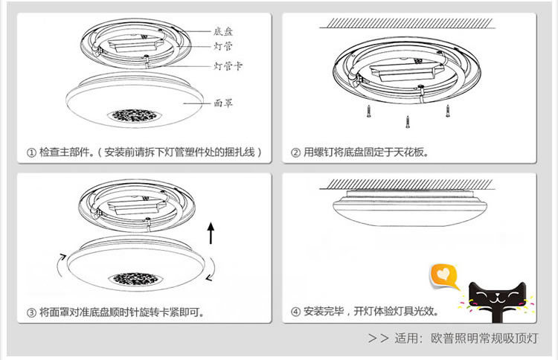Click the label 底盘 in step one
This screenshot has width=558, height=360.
223,31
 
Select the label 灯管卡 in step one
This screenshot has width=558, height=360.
228,66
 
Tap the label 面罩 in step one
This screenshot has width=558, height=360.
223,103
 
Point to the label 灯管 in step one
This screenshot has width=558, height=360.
223,46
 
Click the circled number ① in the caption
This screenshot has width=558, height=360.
31,152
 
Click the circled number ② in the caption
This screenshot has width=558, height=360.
295,152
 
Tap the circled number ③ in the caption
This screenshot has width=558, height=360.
31,312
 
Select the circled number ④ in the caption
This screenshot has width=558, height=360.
295,312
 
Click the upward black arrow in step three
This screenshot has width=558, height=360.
211,233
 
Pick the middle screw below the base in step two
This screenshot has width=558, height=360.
407,121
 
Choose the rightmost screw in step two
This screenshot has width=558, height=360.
448,110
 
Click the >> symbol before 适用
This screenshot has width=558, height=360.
379,338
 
